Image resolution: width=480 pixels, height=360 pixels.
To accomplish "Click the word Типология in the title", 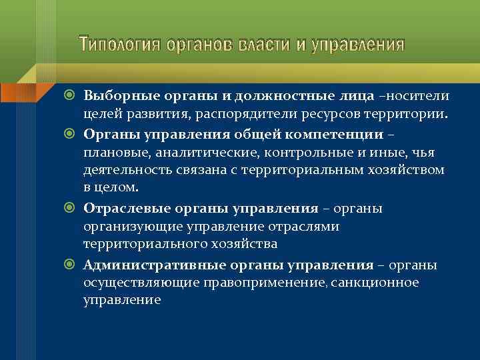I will pyautogui.click(x=119, y=45).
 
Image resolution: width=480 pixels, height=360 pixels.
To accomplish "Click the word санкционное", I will pyautogui.click(x=381, y=283).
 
